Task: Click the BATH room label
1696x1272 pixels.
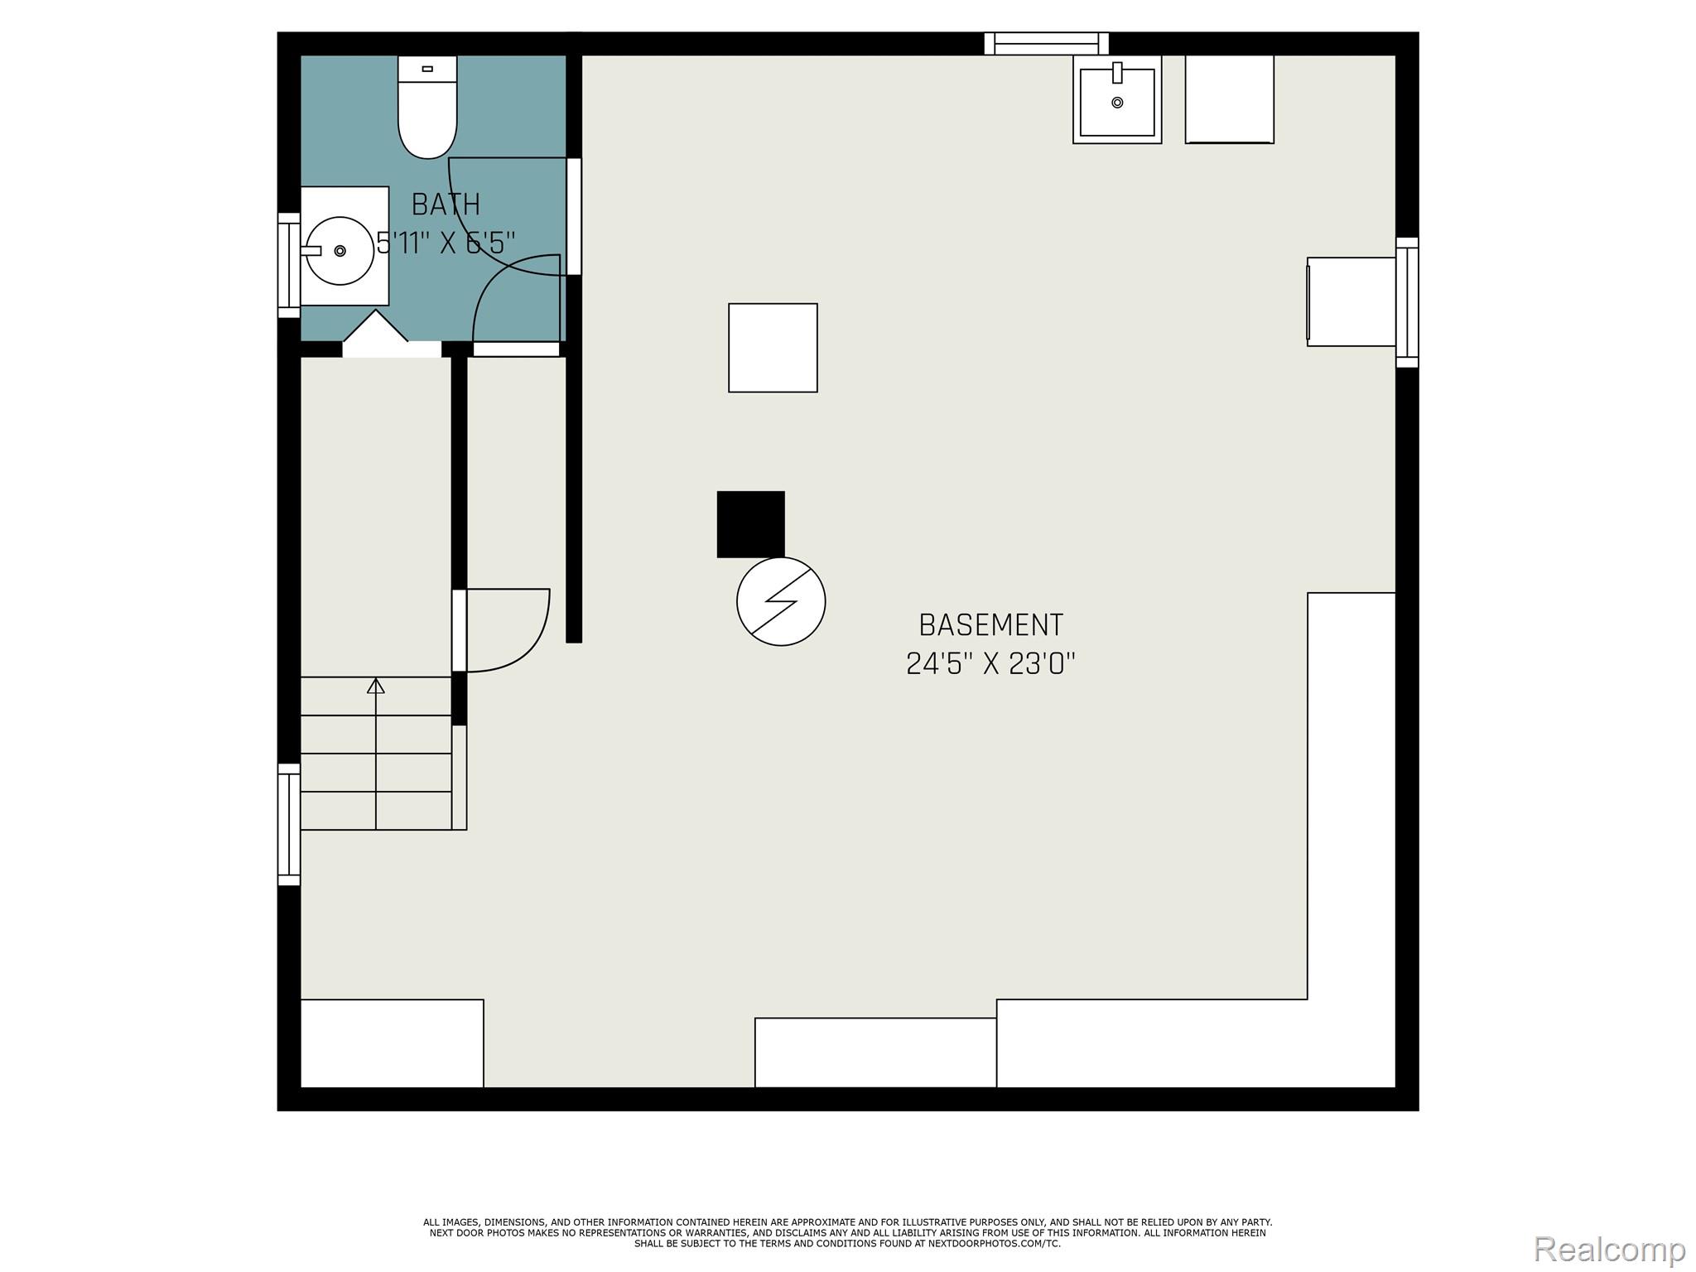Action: click(446, 205)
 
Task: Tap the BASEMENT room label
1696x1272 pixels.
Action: click(991, 625)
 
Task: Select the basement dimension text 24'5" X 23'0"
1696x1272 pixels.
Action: click(991, 663)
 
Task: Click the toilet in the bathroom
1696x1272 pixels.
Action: click(427, 107)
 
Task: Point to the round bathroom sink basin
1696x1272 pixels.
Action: click(340, 250)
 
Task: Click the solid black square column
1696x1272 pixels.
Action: click(750, 524)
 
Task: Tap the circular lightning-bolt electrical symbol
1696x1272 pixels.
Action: click(781, 601)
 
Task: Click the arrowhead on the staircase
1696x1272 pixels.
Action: click(376, 686)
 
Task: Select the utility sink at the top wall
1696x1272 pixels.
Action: click(1117, 99)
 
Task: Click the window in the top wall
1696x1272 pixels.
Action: click(1047, 43)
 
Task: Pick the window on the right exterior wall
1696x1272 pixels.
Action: click(1407, 302)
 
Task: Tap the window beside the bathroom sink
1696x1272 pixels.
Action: click(288, 265)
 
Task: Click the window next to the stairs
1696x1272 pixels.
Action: click(288, 825)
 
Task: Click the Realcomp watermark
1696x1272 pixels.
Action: click(1610, 1249)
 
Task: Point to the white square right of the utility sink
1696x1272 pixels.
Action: click(1230, 99)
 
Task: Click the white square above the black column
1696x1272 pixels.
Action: click(773, 348)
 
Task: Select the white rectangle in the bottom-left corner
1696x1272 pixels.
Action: click(392, 1043)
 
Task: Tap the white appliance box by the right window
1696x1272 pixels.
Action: click(1351, 301)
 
